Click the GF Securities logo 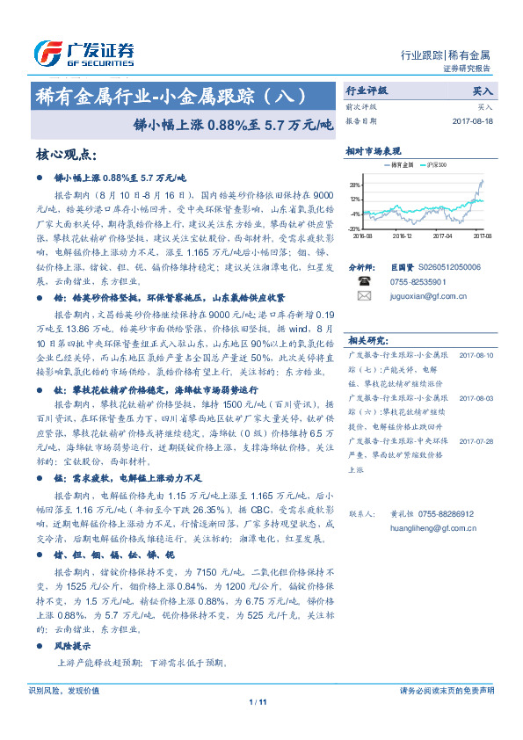[x=84, y=53]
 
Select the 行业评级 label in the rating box [x=366, y=90]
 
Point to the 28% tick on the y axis [x=353, y=185]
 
